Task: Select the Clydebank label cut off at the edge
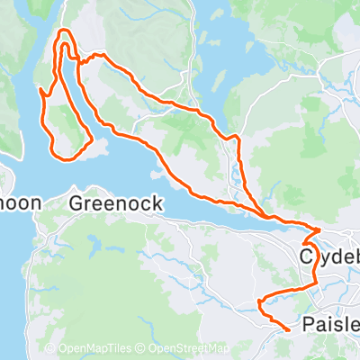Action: [329, 257]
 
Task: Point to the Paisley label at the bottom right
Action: [330, 324]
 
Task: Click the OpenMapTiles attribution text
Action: [95, 348]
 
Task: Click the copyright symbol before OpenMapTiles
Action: [50, 348]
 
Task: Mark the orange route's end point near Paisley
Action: [287, 330]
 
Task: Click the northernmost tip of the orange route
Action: [64, 31]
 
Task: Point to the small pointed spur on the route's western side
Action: [41, 91]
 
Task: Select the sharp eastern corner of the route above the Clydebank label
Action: [319, 229]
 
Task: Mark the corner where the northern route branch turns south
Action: [237, 138]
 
